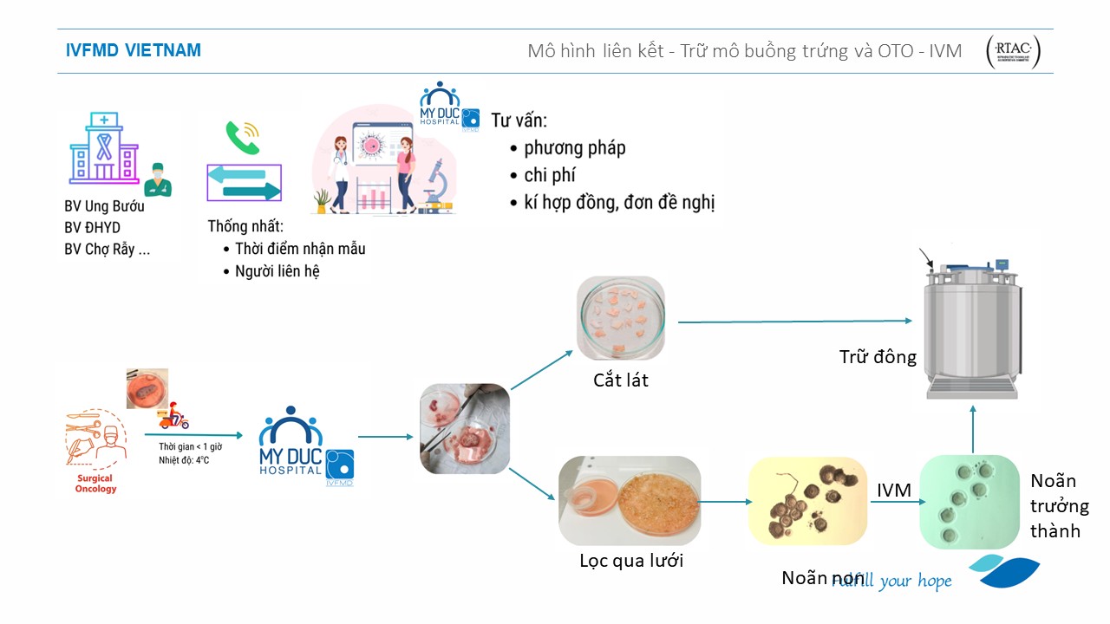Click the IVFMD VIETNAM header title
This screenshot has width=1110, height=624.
[x=134, y=50]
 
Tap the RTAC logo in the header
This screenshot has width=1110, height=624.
[x=1013, y=52]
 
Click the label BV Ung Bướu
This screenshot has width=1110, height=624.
[x=104, y=206]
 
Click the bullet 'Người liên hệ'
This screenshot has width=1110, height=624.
[x=277, y=271]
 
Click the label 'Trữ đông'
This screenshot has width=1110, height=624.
[x=877, y=356]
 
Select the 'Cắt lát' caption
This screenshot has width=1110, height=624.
[x=620, y=380]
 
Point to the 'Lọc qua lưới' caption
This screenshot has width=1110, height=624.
[x=631, y=560]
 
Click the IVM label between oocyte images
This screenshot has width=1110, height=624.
[x=893, y=491]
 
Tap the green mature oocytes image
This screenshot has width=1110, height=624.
[x=969, y=501]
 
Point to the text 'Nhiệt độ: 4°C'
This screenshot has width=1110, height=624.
[x=184, y=460]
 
